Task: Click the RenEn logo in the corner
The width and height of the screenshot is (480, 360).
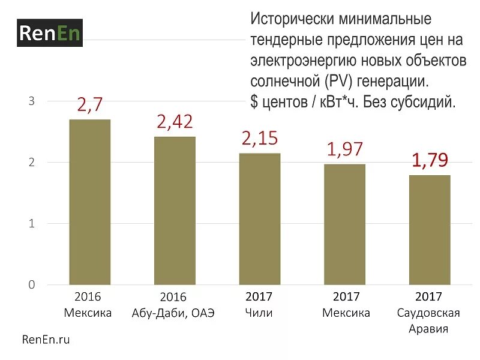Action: pos(49,33)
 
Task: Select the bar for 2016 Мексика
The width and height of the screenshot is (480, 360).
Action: pos(90,202)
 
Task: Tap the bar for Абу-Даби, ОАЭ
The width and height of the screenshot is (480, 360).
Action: pos(175,210)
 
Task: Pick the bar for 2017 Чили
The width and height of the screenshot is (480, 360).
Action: pos(259,218)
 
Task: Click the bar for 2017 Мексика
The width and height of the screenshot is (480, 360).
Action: pos(344,224)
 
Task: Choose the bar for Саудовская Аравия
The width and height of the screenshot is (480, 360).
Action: pos(430,229)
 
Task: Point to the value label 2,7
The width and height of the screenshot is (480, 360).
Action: pos(90,106)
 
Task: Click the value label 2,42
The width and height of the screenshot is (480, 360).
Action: pos(175,122)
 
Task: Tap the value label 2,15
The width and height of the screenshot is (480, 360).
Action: pos(259,139)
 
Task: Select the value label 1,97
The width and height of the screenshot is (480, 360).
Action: pos(344,150)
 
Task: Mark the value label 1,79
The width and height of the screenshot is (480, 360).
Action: pos(430,161)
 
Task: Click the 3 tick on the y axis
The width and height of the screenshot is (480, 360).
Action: pos(32,101)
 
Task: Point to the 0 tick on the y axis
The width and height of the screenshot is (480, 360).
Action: pos(32,285)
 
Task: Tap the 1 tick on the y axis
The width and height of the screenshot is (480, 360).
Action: pos(32,224)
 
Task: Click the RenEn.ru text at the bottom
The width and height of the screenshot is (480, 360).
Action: pos(46,340)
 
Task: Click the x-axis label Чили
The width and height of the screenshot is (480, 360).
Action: pos(259,313)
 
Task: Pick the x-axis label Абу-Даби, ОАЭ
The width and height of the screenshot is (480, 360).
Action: pos(173,313)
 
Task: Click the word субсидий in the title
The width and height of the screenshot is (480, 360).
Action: pos(426,102)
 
